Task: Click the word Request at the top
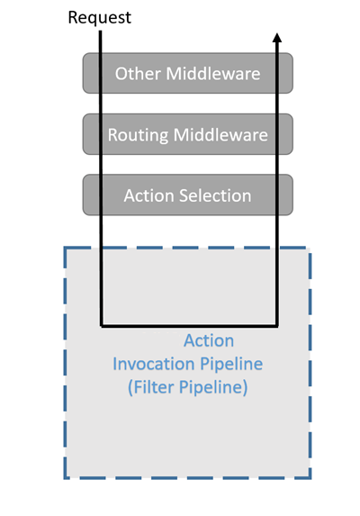pyautogui.click(x=99, y=17)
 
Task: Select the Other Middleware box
pyautogui.click(x=187, y=73)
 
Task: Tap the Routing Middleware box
pyautogui.click(x=187, y=134)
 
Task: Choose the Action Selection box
pyautogui.click(x=187, y=195)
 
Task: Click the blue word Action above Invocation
pyautogui.click(x=209, y=340)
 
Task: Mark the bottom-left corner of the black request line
pyautogui.click(x=101, y=324)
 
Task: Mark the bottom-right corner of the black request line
pyautogui.click(x=277, y=324)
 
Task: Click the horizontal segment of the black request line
pyautogui.click(x=189, y=324)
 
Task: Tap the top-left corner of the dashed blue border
pyautogui.click(x=65, y=248)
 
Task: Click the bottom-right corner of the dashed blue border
pyautogui.click(x=310, y=477)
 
